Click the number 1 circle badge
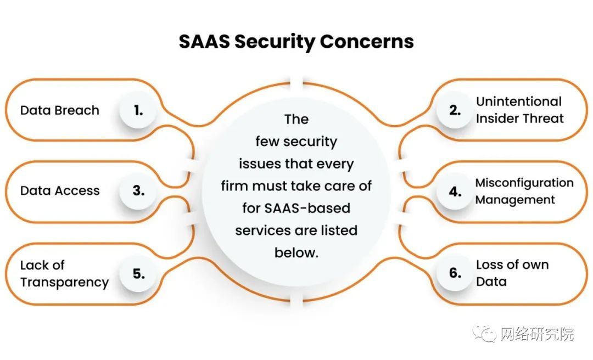tap(138, 110)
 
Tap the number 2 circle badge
tap(455, 110)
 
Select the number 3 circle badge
tap(138, 190)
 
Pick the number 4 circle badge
tap(455, 192)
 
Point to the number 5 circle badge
tap(138, 273)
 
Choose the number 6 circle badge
tap(455, 273)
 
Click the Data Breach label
tap(60, 110)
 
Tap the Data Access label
tap(60, 190)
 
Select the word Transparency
tap(64, 283)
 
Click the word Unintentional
tap(519, 102)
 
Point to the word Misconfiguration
tap(524, 183)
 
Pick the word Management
tap(515, 200)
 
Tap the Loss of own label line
tap(512, 265)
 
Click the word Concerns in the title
tap(367, 42)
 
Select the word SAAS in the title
tap(204, 42)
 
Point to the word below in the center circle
tap(296, 252)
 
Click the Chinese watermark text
tap(537, 334)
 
